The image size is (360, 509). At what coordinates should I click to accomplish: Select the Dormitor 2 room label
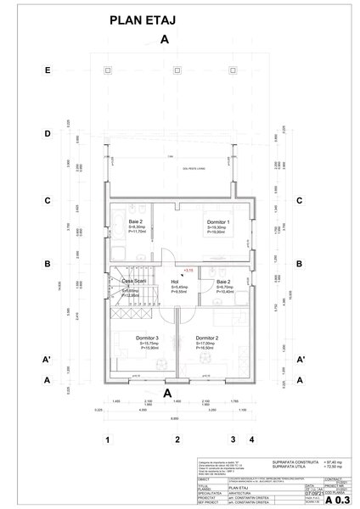[206, 338]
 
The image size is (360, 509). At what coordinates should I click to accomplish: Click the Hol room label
[175, 282]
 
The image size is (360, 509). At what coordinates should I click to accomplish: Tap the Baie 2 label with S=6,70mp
[223, 282]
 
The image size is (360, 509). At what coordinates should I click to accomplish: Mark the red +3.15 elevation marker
[188, 269]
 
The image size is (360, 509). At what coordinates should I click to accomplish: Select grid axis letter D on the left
[49, 134]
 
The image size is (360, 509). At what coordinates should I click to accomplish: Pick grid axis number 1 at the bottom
[108, 439]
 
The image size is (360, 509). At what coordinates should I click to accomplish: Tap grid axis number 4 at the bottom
[251, 439]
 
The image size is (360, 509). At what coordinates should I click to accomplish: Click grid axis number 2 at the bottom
[176, 439]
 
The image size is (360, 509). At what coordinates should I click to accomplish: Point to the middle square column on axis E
[175, 68]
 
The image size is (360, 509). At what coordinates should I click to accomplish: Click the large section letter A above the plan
[165, 40]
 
